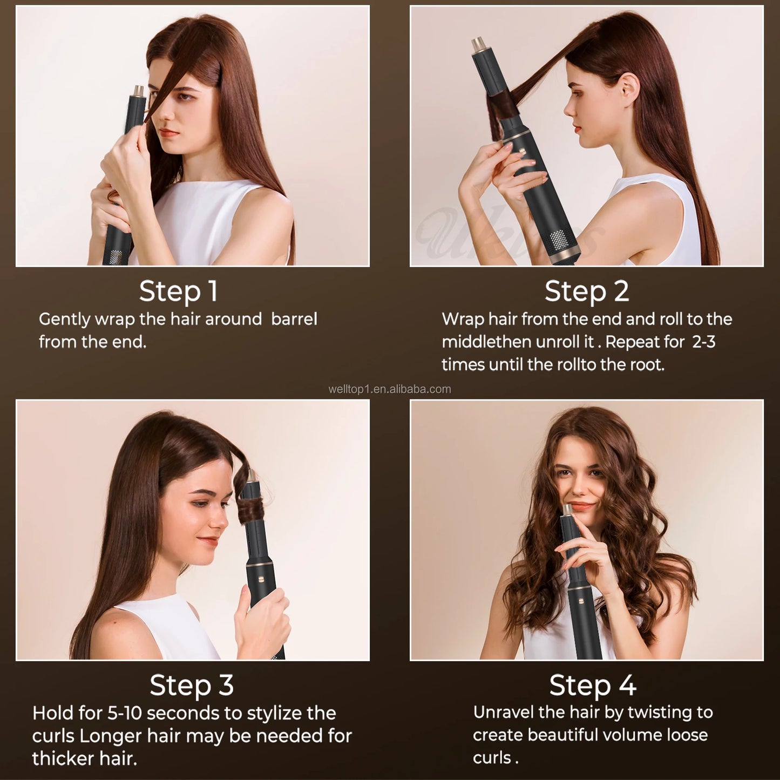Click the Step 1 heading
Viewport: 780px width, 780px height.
point(178,291)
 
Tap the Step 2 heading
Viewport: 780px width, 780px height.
point(587,291)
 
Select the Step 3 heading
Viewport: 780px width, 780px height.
point(192,685)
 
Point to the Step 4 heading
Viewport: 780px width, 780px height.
point(593,685)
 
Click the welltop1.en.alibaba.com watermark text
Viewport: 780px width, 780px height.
point(389,389)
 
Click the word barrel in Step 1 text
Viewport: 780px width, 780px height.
point(294,319)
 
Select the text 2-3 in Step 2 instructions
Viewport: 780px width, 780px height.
point(703,342)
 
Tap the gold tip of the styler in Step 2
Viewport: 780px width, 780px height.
point(479,44)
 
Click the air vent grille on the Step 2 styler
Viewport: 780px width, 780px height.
point(560,238)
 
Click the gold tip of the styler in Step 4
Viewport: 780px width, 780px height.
point(568,509)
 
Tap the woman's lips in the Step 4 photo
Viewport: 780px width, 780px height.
point(581,506)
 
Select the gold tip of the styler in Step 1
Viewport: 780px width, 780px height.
point(139,90)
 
